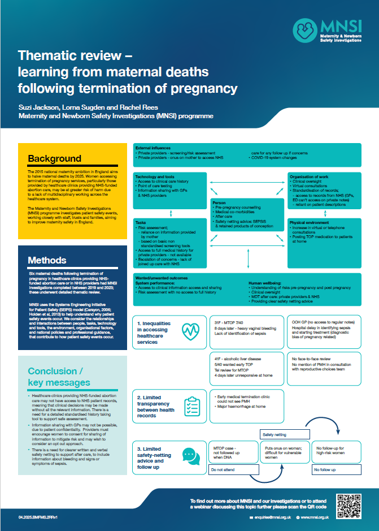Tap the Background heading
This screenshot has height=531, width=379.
(55, 158)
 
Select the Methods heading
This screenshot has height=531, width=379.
(47, 260)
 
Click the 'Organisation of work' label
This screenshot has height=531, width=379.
(309, 176)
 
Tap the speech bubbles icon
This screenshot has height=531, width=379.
(190, 455)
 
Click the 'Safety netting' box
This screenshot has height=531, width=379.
(276, 435)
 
